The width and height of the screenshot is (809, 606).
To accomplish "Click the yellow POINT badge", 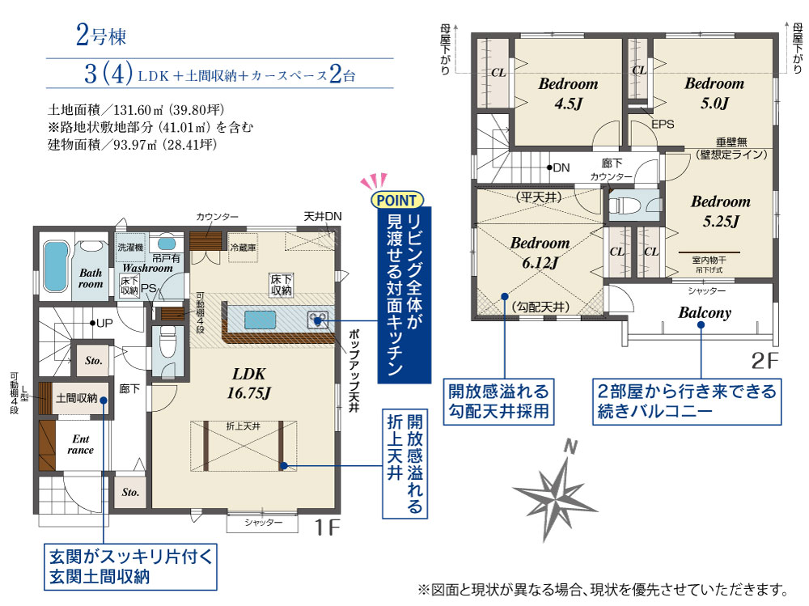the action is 396,200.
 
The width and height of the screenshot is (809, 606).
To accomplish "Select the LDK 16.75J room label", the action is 248,383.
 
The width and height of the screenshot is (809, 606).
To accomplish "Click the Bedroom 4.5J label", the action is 568,93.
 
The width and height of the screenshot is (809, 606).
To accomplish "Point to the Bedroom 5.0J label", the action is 714,93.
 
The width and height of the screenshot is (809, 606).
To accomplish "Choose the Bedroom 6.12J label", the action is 540,253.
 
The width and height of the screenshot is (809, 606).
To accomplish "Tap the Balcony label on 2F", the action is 705,313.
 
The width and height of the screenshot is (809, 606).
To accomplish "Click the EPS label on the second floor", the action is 663,125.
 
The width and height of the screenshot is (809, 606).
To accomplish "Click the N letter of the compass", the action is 570,446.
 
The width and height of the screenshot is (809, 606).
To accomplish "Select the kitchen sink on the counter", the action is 260,320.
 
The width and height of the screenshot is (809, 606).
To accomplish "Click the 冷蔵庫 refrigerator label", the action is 243,248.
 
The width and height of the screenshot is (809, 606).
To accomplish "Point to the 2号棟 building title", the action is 101,36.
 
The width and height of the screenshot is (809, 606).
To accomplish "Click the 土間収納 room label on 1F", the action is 76,398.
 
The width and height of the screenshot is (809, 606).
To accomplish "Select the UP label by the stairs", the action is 104,323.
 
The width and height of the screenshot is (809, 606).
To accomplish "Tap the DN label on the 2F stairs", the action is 561,167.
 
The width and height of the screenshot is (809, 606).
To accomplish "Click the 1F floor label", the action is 327,527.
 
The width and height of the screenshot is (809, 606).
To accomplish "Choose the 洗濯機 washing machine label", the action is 130,248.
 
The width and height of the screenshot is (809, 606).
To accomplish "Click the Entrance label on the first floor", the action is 80,444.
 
